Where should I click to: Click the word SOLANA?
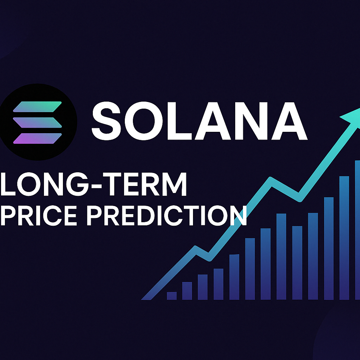click(200, 121)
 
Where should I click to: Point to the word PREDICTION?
click(167, 216)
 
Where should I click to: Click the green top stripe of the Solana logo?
click(37, 107)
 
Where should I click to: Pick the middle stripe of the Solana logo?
click(37, 122)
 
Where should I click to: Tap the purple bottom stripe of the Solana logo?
click(37, 138)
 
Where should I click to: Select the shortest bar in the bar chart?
click(172, 296)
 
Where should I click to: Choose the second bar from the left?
click(187, 291)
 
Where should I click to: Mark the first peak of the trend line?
click(195, 247)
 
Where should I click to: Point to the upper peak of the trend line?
click(270, 178)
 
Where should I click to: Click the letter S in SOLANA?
click(106, 121)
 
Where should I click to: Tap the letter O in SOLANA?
click(144, 121)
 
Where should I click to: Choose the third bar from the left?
click(203, 287)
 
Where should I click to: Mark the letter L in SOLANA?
click(180, 121)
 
